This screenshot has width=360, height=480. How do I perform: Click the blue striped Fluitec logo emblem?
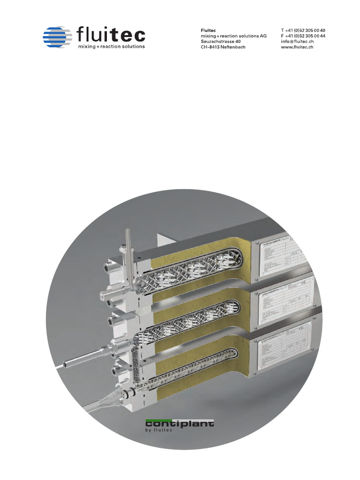pos(57,36)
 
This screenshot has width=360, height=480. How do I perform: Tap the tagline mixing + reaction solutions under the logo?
pos(111,46)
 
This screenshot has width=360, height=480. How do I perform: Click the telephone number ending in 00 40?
pos(303,30)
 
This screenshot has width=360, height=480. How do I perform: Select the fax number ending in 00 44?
pos(303,36)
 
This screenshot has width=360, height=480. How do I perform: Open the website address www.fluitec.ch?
pos(297,47)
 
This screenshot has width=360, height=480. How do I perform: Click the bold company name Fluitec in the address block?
pos(208,30)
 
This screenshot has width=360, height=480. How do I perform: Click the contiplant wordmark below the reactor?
pos(180,424)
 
